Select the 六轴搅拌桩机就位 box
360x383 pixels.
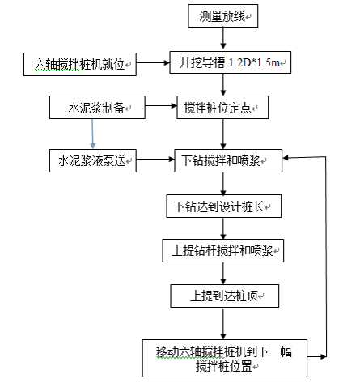(x=81, y=62)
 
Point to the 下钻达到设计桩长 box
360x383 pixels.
(x=223, y=206)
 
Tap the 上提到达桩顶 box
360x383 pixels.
(x=223, y=296)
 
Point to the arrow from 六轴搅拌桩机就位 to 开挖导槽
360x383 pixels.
(x=155, y=62)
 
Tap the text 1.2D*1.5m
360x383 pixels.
(x=258, y=62)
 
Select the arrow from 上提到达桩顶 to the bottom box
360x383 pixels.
(x=222, y=322)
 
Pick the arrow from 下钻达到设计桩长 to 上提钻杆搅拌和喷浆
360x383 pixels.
(x=222, y=228)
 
